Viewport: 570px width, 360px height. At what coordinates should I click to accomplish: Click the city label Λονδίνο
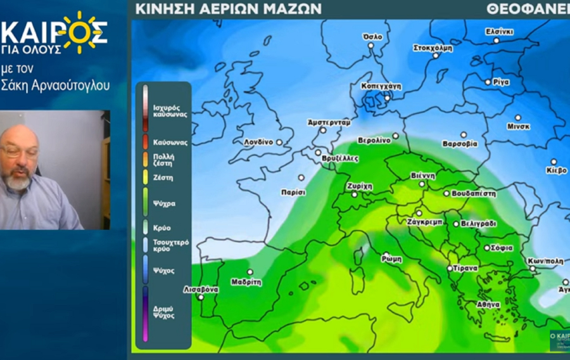[x=258, y=143]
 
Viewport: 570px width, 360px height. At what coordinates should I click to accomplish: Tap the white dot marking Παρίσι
[x=301, y=177]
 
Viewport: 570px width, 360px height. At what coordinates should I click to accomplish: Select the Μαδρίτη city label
[x=246, y=282]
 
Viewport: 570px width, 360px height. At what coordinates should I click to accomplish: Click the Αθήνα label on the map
[x=479, y=304]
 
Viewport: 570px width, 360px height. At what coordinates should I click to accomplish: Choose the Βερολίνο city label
[x=374, y=140]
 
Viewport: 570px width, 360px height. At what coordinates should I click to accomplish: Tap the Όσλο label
[x=373, y=37]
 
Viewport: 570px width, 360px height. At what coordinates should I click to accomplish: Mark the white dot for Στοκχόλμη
[x=436, y=56]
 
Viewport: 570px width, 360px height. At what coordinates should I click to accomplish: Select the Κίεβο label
[x=557, y=170]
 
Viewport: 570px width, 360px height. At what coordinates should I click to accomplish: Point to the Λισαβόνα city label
[x=201, y=289]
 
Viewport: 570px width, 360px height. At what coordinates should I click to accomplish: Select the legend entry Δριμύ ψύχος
[x=164, y=312]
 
